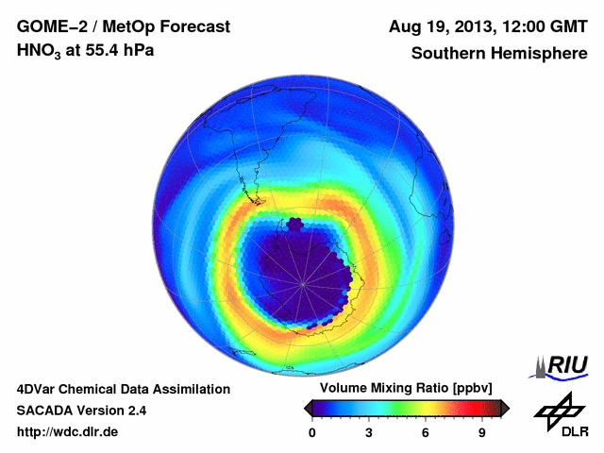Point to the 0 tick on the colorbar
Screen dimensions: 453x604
(x=312, y=432)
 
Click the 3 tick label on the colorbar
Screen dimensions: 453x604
(x=369, y=432)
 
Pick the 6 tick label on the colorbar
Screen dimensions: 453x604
(x=426, y=432)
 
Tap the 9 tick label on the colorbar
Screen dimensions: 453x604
(x=481, y=432)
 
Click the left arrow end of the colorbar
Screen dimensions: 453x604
(x=308, y=408)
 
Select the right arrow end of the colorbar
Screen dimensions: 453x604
(x=505, y=408)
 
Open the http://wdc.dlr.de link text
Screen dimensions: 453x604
(x=68, y=432)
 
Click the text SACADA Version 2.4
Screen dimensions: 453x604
(x=81, y=411)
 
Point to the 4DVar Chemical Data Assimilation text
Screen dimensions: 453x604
(x=123, y=389)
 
